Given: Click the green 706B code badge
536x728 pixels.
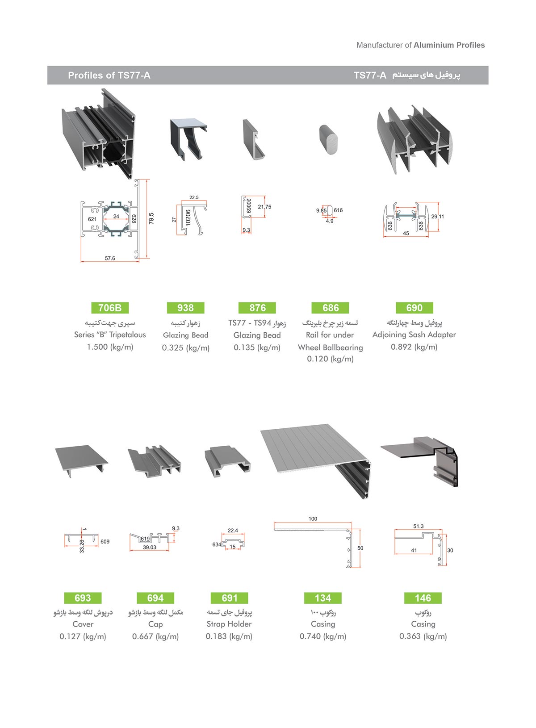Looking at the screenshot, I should click(110, 308).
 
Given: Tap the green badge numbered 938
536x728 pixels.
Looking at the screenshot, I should click(185, 308).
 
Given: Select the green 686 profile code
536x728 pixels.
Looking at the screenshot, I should click(331, 308).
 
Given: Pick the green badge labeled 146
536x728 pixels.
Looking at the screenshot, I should click(423, 598).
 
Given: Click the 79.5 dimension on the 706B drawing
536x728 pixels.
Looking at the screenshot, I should click(151, 218).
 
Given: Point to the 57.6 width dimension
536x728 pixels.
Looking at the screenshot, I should click(110, 258).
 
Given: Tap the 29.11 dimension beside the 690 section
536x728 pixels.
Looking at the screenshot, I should click(438, 217).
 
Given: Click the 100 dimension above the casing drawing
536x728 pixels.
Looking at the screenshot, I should click(313, 519).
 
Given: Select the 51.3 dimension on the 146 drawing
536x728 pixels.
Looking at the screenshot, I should click(419, 527).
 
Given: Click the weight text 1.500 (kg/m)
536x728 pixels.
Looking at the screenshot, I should click(110, 347).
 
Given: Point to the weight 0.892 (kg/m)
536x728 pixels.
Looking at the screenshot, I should click(414, 347).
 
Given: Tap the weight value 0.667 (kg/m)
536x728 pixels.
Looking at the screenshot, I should click(155, 636).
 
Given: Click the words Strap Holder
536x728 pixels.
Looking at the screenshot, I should click(229, 624).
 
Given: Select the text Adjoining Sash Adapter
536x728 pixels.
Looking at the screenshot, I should click(414, 335).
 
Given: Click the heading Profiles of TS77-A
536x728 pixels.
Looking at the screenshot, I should click(109, 75).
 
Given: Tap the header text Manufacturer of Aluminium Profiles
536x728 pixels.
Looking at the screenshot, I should click(420, 45).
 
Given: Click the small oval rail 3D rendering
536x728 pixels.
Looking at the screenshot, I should click(330, 140).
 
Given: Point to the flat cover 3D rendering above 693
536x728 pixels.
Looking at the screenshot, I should click(82, 460).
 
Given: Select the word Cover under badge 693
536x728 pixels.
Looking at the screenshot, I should click(83, 624).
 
